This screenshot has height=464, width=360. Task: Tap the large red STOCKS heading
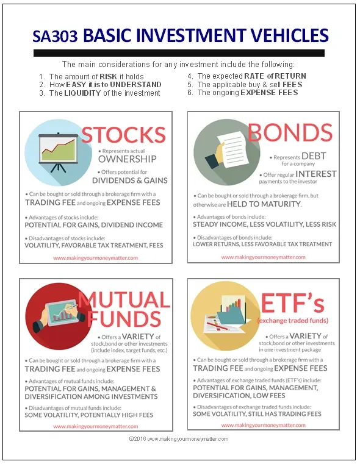123,135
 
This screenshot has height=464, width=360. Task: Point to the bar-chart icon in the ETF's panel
229,315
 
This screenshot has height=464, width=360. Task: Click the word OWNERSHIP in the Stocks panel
127,159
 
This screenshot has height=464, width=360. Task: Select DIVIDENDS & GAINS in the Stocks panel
129,180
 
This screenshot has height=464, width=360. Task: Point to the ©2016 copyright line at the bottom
179,438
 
